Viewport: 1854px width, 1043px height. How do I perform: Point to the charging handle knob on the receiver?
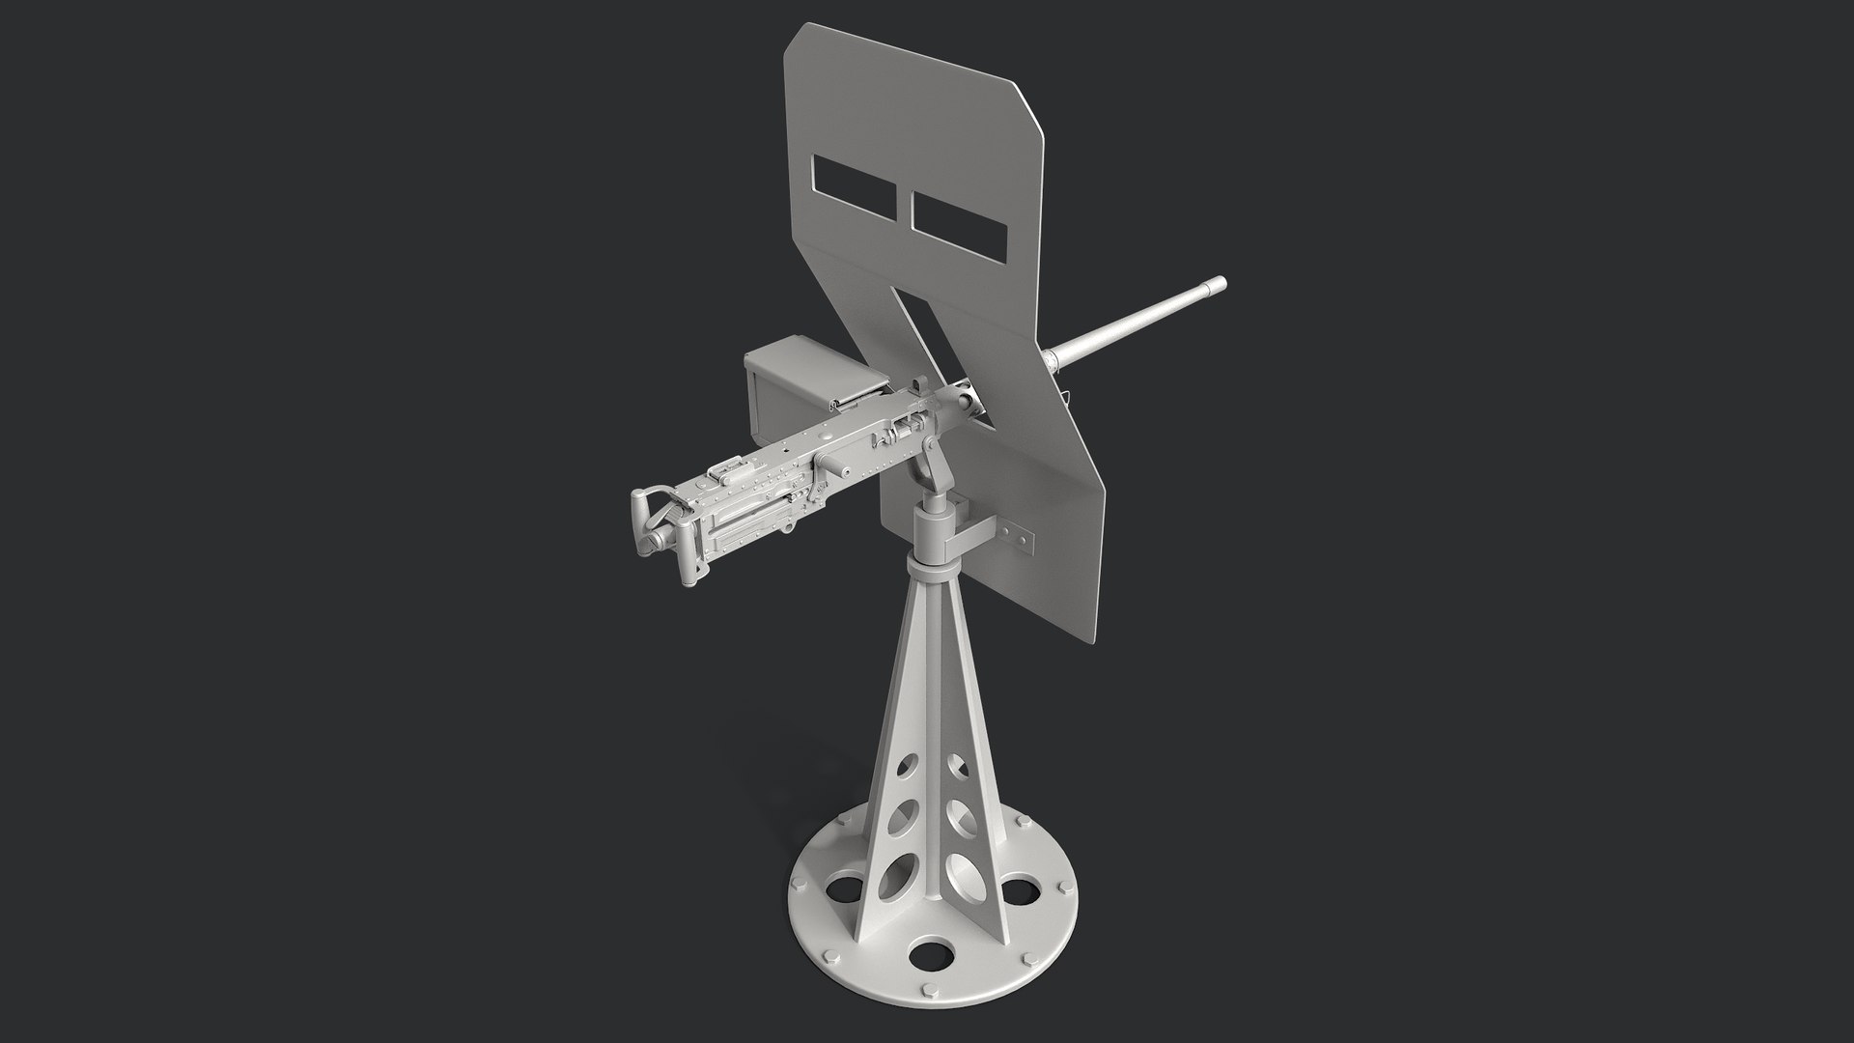point(842,472)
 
